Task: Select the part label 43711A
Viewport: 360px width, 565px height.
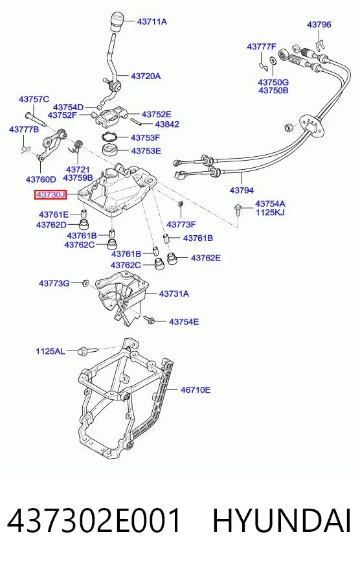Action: pyautogui.click(x=152, y=21)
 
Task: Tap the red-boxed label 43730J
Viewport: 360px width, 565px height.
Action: pyautogui.click(x=51, y=195)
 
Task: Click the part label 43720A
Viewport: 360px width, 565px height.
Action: pyautogui.click(x=146, y=76)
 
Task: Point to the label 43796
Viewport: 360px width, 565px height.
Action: pyautogui.click(x=319, y=25)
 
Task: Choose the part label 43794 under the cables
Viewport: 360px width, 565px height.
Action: pyautogui.click(x=242, y=190)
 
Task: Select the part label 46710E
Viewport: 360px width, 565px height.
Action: pyautogui.click(x=196, y=389)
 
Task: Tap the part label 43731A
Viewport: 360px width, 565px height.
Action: pyautogui.click(x=174, y=294)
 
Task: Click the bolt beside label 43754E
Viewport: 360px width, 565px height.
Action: pyautogui.click(x=149, y=319)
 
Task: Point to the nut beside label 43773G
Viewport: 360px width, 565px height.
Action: pyautogui.click(x=85, y=283)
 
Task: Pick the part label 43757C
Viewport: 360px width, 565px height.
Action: pyautogui.click(x=34, y=99)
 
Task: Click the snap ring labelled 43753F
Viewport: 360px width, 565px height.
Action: pyautogui.click(x=110, y=137)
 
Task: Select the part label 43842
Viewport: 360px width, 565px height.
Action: pyautogui.click(x=167, y=124)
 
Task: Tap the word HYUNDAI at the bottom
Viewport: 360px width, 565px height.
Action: pyautogui.click(x=282, y=521)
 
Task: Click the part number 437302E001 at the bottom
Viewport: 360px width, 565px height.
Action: pyautogui.click(x=94, y=521)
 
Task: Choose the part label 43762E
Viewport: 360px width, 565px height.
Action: pyautogui.click(x=206, y=258)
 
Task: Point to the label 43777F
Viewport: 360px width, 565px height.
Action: pyautogui.click(x=262, y=47)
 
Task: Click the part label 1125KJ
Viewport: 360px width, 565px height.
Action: pyautogui.click(x=270, y=213)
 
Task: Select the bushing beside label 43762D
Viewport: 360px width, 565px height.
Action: pyautogui.click(x=84, y=224)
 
